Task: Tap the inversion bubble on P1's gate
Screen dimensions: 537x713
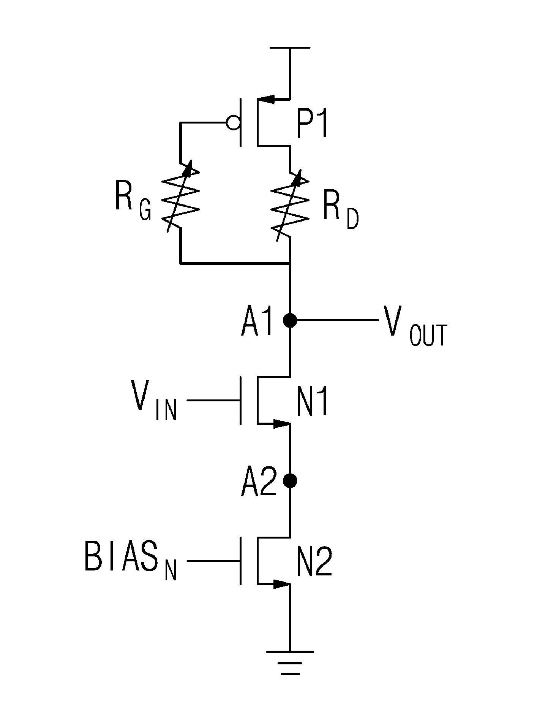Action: click(x=232, y=123)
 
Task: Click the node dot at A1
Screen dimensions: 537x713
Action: click(x=290, y=321)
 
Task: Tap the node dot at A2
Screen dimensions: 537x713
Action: click(x=290, y=481)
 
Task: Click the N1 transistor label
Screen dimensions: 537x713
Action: click(x=313, y=402)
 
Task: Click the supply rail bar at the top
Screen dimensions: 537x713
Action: click(x=290, y=48)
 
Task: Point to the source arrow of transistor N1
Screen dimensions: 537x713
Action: click(x=281, y=423)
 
